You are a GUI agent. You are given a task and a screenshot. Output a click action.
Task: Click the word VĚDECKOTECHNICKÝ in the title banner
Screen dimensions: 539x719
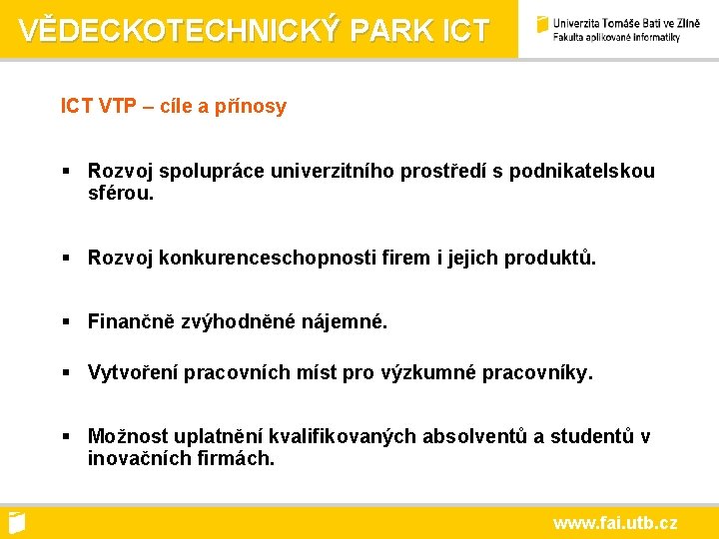pyautogui.click(x=181, y=30)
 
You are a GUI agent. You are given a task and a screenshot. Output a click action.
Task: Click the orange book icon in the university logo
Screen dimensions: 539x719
pyautogui.click(x=542, y=25)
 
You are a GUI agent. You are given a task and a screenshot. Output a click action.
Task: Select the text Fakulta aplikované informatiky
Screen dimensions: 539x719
pyautogui.click(x=616, y=38)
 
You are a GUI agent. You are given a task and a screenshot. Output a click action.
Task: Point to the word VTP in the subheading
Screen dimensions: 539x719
pyautogui.click(x=117, y=106)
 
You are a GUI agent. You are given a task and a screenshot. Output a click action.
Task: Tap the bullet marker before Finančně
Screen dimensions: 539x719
pyautogui.click(x=66, y=321)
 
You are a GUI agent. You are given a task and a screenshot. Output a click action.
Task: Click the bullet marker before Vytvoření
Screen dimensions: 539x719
pyautogui.click(x=66, y=372)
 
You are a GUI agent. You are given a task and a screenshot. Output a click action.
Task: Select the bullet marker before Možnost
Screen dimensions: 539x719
pyautogui.click(x=66, y=436)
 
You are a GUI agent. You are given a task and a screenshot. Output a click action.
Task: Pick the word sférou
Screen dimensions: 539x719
pyautogui.click(x=121, y=193)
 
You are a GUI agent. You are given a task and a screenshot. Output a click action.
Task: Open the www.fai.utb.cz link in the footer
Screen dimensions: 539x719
pyautogui.click(x=615, y=522)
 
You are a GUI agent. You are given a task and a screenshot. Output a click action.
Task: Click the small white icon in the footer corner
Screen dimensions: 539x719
pyautogui.click(x=16, y=521)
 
